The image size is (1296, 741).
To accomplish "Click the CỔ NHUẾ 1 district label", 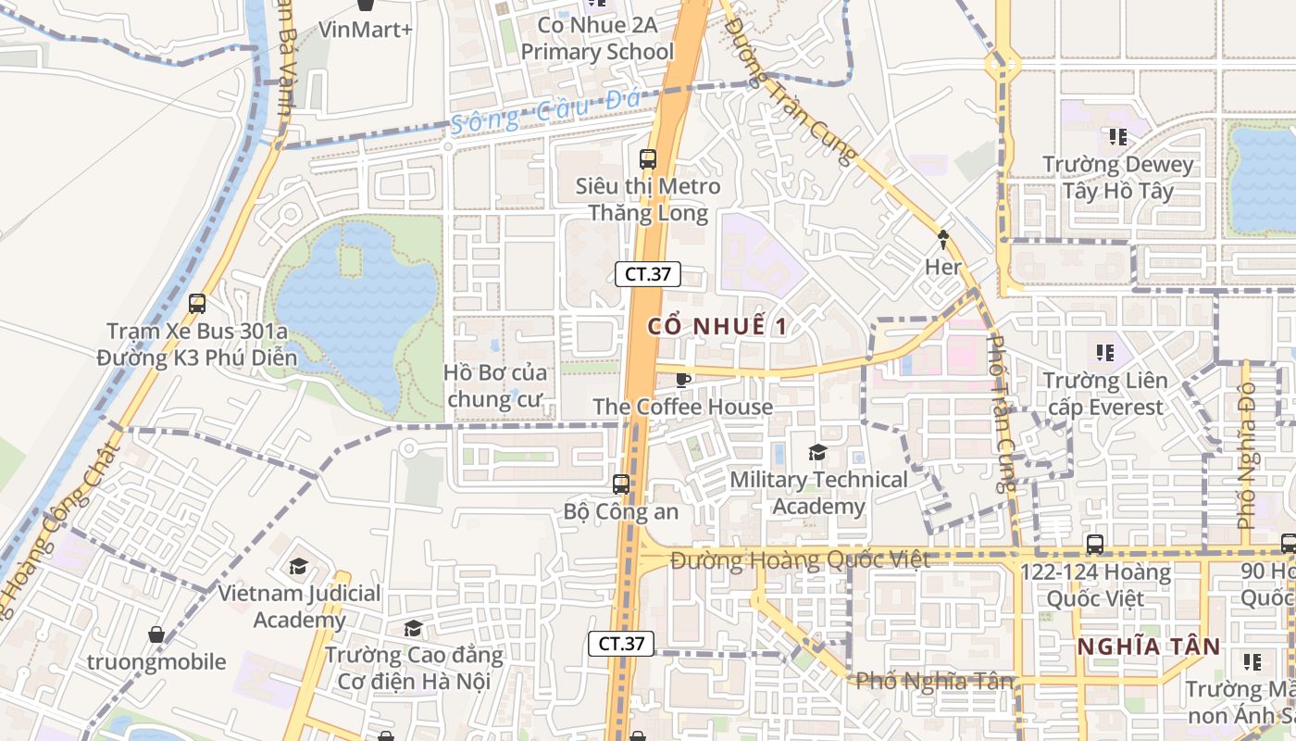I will pyautogui.click(x=717, y=326).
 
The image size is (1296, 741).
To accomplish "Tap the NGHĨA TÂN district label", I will pyautogui.click(x=1149, y=647).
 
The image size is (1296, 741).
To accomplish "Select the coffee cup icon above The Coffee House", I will pyautogui.click(x=683, y=379).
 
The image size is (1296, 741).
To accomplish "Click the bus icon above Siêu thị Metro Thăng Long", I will pyautogui.click(x=648, y=158).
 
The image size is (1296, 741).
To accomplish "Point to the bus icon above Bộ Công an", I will pyautogui.click(x=621, y=484).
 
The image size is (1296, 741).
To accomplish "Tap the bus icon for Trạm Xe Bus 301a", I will pyautogui.click(x=196, y=303).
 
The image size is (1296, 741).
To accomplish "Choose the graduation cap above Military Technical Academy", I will pyautogui.click(x=817, y=452).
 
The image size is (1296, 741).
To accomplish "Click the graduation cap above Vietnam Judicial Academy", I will pyautogui.click(x=298, y=566).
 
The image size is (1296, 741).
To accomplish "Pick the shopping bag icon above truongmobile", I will pyautogui.click(x=156, y=634).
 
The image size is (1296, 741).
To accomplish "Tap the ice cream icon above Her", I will pyautogui.click(x=943, y=239).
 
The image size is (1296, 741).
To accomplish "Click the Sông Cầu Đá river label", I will pyautogui.click(x=534, y=115).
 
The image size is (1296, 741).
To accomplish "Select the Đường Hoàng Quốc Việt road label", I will pyautogui.click(x=800, y=560).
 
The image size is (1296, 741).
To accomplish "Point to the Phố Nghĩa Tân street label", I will pyautogui.click(x=934, y=681).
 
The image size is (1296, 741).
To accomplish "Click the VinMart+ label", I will pyautogui.click(x=366, y=30).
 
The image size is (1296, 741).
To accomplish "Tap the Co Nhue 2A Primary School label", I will pyautogui.click(x=597, y=38).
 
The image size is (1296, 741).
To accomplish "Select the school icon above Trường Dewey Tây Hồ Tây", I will pyautogui.click(x=1117, y=137).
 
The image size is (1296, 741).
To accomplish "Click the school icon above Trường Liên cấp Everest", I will pyautogui.click(x=1104, y=353).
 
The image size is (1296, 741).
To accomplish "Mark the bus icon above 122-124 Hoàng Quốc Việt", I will pyautogui.click(x=1095, y=544).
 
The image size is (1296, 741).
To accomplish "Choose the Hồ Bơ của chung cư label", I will pyautogui.click(x=495, y=386).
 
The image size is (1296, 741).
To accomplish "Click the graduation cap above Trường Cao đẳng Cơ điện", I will pyautogui.click(x=413, y=629).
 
